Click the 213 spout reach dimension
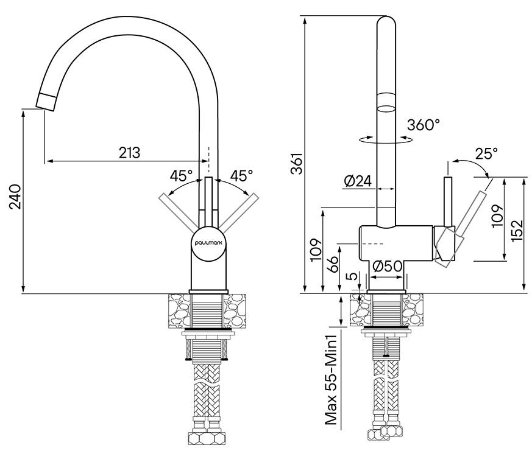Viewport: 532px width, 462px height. coord(129,152)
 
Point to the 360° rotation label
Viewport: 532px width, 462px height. coord(424,125)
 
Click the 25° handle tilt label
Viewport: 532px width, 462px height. coord(487,153)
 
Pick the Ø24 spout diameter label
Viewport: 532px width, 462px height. coord(358,181)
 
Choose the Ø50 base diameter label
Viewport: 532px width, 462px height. coord(386,266)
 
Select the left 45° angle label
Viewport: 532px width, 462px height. coord(181,177)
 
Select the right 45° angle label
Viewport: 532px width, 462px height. coord(241,177)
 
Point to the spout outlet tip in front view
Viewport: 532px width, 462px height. coord(46,101)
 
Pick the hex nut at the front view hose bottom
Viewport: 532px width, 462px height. coord(208,439)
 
